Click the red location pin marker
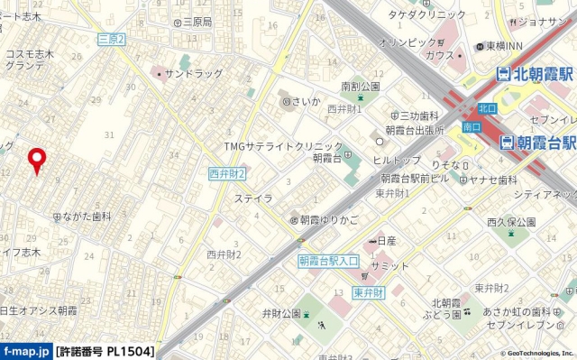37,160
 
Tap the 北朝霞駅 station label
536,75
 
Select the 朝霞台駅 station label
538,143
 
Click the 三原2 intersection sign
112,39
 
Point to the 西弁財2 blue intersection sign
226,172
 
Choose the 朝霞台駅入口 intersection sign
328,260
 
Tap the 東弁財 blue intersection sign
369,291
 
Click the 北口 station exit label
486,108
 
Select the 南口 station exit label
471,128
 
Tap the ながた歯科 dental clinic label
87,217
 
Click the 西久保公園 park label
511,221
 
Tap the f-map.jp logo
26,351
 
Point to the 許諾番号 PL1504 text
105,351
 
